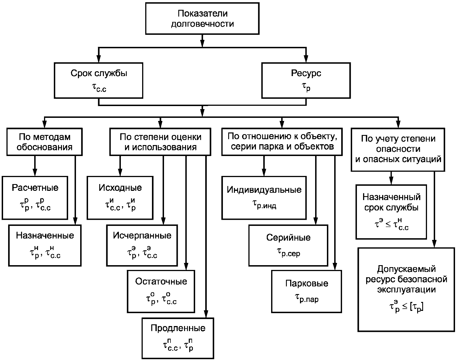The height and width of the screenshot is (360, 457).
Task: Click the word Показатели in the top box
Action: pos(203,13)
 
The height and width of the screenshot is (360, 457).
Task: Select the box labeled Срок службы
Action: pos(98,81)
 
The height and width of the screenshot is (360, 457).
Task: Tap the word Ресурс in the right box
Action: pos(306,73)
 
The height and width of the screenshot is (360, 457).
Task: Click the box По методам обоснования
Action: pos(45,142)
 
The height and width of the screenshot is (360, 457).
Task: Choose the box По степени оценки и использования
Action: pos(160,142)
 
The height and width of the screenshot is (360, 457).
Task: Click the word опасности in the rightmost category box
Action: pos(398,149)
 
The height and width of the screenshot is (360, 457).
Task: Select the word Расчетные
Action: pos(35,188)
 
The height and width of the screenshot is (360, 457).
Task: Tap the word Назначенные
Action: pos(45,235)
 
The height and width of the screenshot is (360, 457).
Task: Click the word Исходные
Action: pos(120,188)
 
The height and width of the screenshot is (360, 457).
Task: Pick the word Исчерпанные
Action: pos(142,235)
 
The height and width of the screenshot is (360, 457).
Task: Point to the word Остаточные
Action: pos(161,281)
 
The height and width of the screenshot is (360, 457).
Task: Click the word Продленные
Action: pos(178,328)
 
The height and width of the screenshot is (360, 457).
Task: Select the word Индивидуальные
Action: pos(264,190)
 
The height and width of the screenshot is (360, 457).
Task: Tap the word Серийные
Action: pos(288,238)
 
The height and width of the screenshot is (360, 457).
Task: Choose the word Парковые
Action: pos(307,283)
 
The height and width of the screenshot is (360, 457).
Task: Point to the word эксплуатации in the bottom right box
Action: pos(407,290)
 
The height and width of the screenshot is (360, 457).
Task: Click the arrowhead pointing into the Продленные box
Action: pos(206,314)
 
